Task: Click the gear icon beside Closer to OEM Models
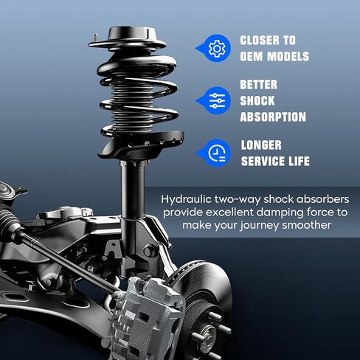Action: point(216,49)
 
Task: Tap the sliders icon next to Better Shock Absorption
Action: point(216,100)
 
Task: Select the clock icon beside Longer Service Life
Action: point(216,153)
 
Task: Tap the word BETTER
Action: point(259,84)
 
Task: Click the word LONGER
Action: point(260,145)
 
